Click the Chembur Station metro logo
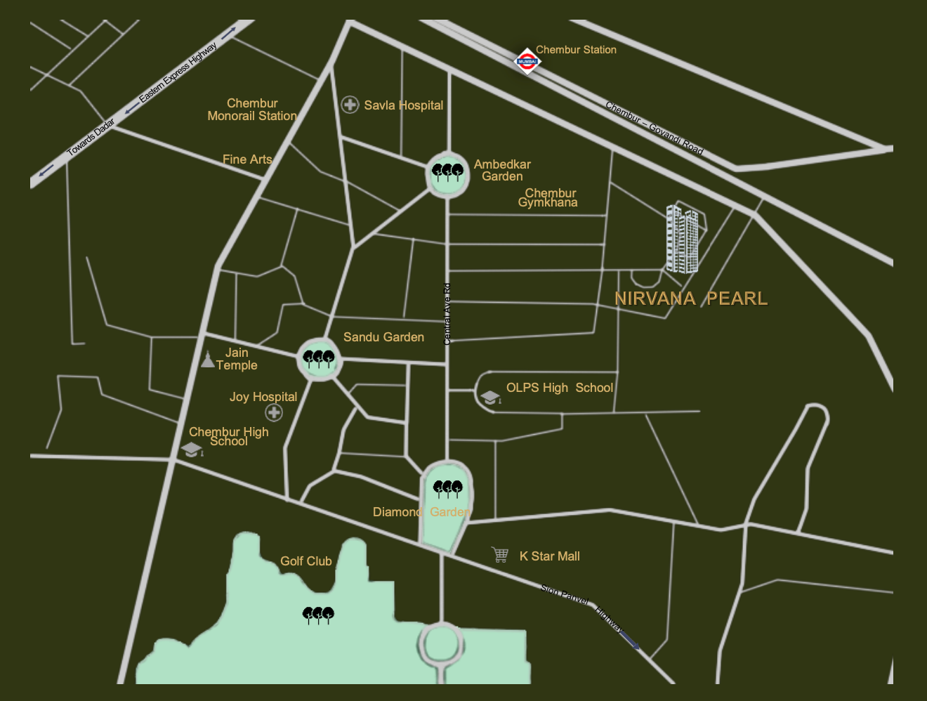point(527,61)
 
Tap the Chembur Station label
point(576,50)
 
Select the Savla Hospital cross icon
point(350,105)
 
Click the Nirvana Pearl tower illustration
point(683,239)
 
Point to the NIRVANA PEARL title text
point(691,299)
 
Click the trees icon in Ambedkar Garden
point(447,171)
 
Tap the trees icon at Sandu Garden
point(319,359)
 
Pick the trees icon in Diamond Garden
point(447,488)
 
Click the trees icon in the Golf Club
point(318,615)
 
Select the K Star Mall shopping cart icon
point(500,555)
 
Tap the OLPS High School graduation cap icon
point(490,398)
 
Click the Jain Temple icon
point(207,360)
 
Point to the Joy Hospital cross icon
point(274,412)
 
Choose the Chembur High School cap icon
point(192,450)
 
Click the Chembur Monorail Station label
point(252,110)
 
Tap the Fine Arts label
point(247,159)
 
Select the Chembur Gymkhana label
point(548,197)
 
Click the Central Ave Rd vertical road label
point(447,314)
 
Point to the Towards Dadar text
point(91,138)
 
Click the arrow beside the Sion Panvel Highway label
point(630,641)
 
